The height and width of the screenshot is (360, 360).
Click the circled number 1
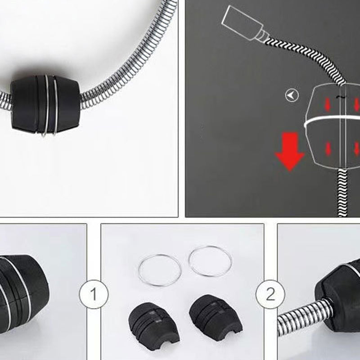point(94,294)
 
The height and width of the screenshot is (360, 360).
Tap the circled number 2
point(270,294)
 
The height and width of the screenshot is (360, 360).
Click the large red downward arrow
point(290,152)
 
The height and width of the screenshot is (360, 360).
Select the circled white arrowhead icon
point(292,95)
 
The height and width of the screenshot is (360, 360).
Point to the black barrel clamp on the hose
point(45,105)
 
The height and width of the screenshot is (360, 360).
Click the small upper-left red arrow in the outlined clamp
point(328,104)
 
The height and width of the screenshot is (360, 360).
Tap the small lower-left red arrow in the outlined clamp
point(328,148)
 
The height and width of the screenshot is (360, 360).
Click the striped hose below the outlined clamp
point(342,193)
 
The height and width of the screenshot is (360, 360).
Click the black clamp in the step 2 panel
point(340,294)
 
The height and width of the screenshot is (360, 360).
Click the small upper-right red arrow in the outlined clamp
point(357,104)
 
